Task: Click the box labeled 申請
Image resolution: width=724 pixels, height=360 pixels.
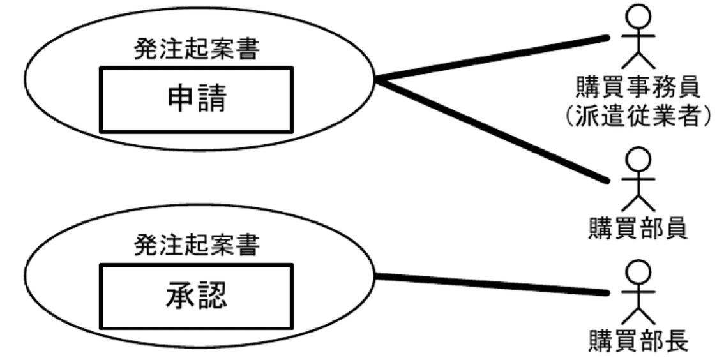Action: [x=196, y=100]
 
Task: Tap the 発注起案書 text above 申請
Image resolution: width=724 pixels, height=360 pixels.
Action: [x=196, y=49]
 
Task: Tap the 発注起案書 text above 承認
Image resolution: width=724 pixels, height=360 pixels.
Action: [x=196, y=245]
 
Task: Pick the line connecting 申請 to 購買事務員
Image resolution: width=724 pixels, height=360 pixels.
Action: [x=492, y=58]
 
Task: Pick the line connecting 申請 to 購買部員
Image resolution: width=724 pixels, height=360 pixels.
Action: [x=492, y=131]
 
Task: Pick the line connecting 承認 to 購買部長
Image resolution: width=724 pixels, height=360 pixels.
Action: [x=492, y=285]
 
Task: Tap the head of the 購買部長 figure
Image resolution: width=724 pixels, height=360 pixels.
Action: [x=638, y=273]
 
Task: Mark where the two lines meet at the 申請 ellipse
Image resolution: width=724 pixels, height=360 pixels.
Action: [x=378, y=80]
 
